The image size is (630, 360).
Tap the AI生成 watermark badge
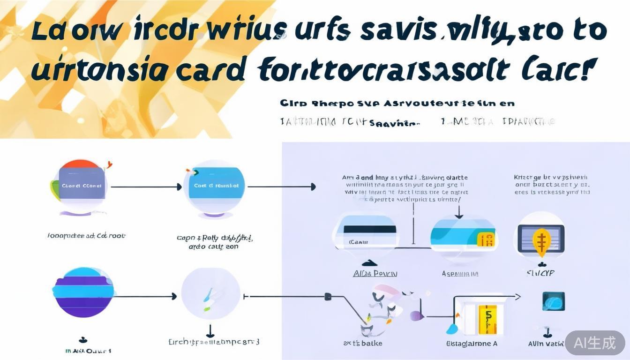(595, 343)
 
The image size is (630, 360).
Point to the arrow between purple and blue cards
(145, 187)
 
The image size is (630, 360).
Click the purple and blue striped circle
(83, 292)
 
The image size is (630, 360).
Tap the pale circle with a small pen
(210, 296)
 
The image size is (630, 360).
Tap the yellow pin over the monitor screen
(541, 242)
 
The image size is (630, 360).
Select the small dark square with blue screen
(553, 301)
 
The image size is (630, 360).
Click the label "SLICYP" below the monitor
(540, 273)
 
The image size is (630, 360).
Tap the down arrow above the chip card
(459, 213)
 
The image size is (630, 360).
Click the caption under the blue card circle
(214, 242)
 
